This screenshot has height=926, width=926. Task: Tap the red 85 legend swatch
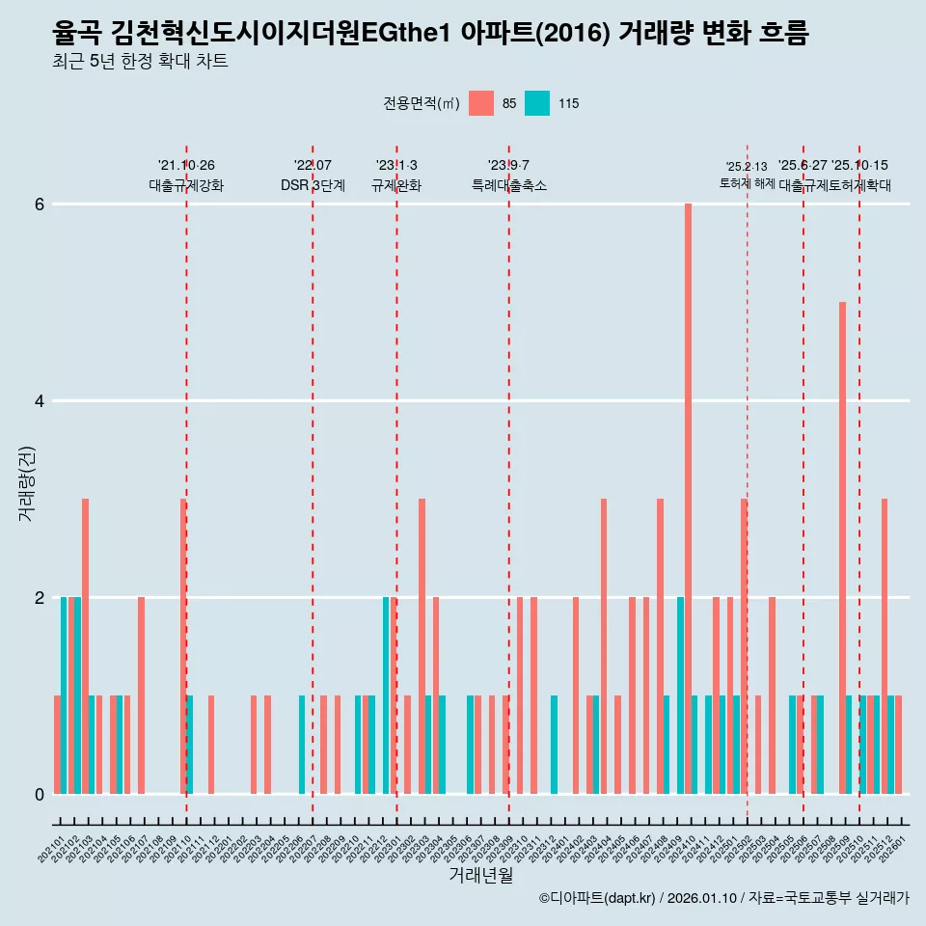480,103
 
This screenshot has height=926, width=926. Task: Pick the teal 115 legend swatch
537,103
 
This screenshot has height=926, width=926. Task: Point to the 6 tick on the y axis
40,204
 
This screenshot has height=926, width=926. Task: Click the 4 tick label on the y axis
40,401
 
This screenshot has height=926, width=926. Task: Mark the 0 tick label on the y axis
40,795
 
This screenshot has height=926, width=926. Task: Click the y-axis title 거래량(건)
27,482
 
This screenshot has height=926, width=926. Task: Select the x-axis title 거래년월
480,875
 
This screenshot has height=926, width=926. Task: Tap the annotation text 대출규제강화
186,185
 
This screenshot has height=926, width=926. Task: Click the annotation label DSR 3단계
313,185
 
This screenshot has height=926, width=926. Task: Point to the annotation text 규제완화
396,185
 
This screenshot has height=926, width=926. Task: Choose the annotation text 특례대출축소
508,185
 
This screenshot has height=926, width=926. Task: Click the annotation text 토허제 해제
747,182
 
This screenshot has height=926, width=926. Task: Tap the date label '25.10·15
859,166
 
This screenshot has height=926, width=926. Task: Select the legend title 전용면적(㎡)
422,103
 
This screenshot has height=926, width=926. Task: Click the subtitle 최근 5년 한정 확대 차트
140,62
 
